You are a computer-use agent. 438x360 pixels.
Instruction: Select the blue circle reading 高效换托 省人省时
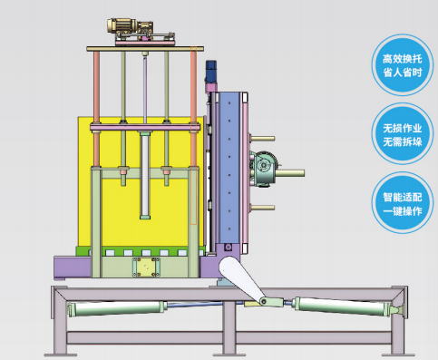click(402, 65)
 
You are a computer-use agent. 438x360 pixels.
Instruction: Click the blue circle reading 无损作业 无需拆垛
click(402, 134)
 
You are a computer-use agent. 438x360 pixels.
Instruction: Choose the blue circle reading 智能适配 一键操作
click(402, 203)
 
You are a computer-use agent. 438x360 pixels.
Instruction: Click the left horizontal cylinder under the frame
click(117, 308)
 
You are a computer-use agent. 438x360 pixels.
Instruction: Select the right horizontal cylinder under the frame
click(347, 306)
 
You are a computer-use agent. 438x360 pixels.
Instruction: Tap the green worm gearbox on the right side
click(264, 169)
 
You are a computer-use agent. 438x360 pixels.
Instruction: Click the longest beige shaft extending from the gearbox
click(290, 173)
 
